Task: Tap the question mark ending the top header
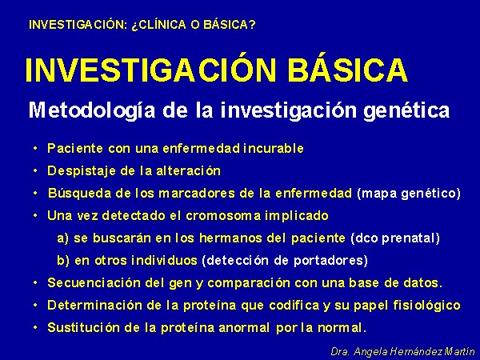pyautogui.click(x=252, y=25)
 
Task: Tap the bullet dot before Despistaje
pyautogui.click(x=35, y=171)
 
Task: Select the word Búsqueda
pyautogui.click(x=79, y=194)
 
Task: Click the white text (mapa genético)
pyautogui.click(x=409, y=194)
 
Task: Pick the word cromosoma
pyautogui.click(x=223, y=216)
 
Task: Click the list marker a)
pyautogui.click(x=62, y=238)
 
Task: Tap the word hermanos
pyautogui.click(x=230, y=238)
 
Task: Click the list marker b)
pyautogui.click(x=63, y=261)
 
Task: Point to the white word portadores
pyautogui.click(x=330, y=261)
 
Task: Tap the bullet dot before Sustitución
pyautogui.click(x=35, y=328)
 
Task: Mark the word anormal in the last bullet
pyautogui.click(x=244, y=328)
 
